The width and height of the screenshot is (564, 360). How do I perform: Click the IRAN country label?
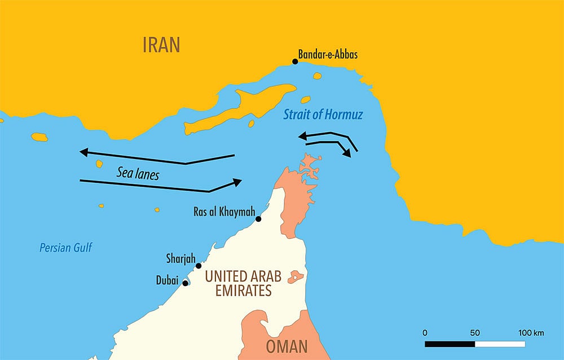pyautogui.click(x=161, y=45)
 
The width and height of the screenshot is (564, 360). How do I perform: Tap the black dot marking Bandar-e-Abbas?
pyautogui.click(x=295, y=62)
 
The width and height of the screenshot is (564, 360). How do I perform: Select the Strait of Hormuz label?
pyautogui.click(x=323, y=115)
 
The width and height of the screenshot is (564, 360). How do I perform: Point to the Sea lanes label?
pyautogui.click(x=138, y=174)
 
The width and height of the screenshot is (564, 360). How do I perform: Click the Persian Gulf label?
pyautogui.click(x=65, y=247)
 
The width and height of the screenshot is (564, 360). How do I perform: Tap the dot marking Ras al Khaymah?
pyautogui.click(x=258, y=219)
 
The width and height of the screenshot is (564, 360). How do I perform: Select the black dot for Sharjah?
pyautogui.click(x=199, y=266)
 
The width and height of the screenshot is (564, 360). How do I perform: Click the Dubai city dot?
pyautogui.click(x=185, y=283)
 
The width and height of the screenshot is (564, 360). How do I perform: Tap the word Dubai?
pyautogui.click(x=167, y=279)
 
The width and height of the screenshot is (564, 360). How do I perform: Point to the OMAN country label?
pyautogui.click(x=287, y=345)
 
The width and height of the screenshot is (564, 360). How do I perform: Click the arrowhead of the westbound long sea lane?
pyautogui.click(x=83, y=152)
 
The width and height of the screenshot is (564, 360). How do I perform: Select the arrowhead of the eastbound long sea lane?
pyautogui.click(x=237, y=182)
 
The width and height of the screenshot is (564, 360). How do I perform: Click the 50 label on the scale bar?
pyautogui.click(x=474, y=332)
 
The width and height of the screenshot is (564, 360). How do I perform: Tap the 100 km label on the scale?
pyautogui.click(x=531, y=332)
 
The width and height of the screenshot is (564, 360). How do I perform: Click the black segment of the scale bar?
pyautogui.click(x=450, y=344)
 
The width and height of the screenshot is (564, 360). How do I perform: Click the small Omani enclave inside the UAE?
pyautogui.click(x=296, y=277)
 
